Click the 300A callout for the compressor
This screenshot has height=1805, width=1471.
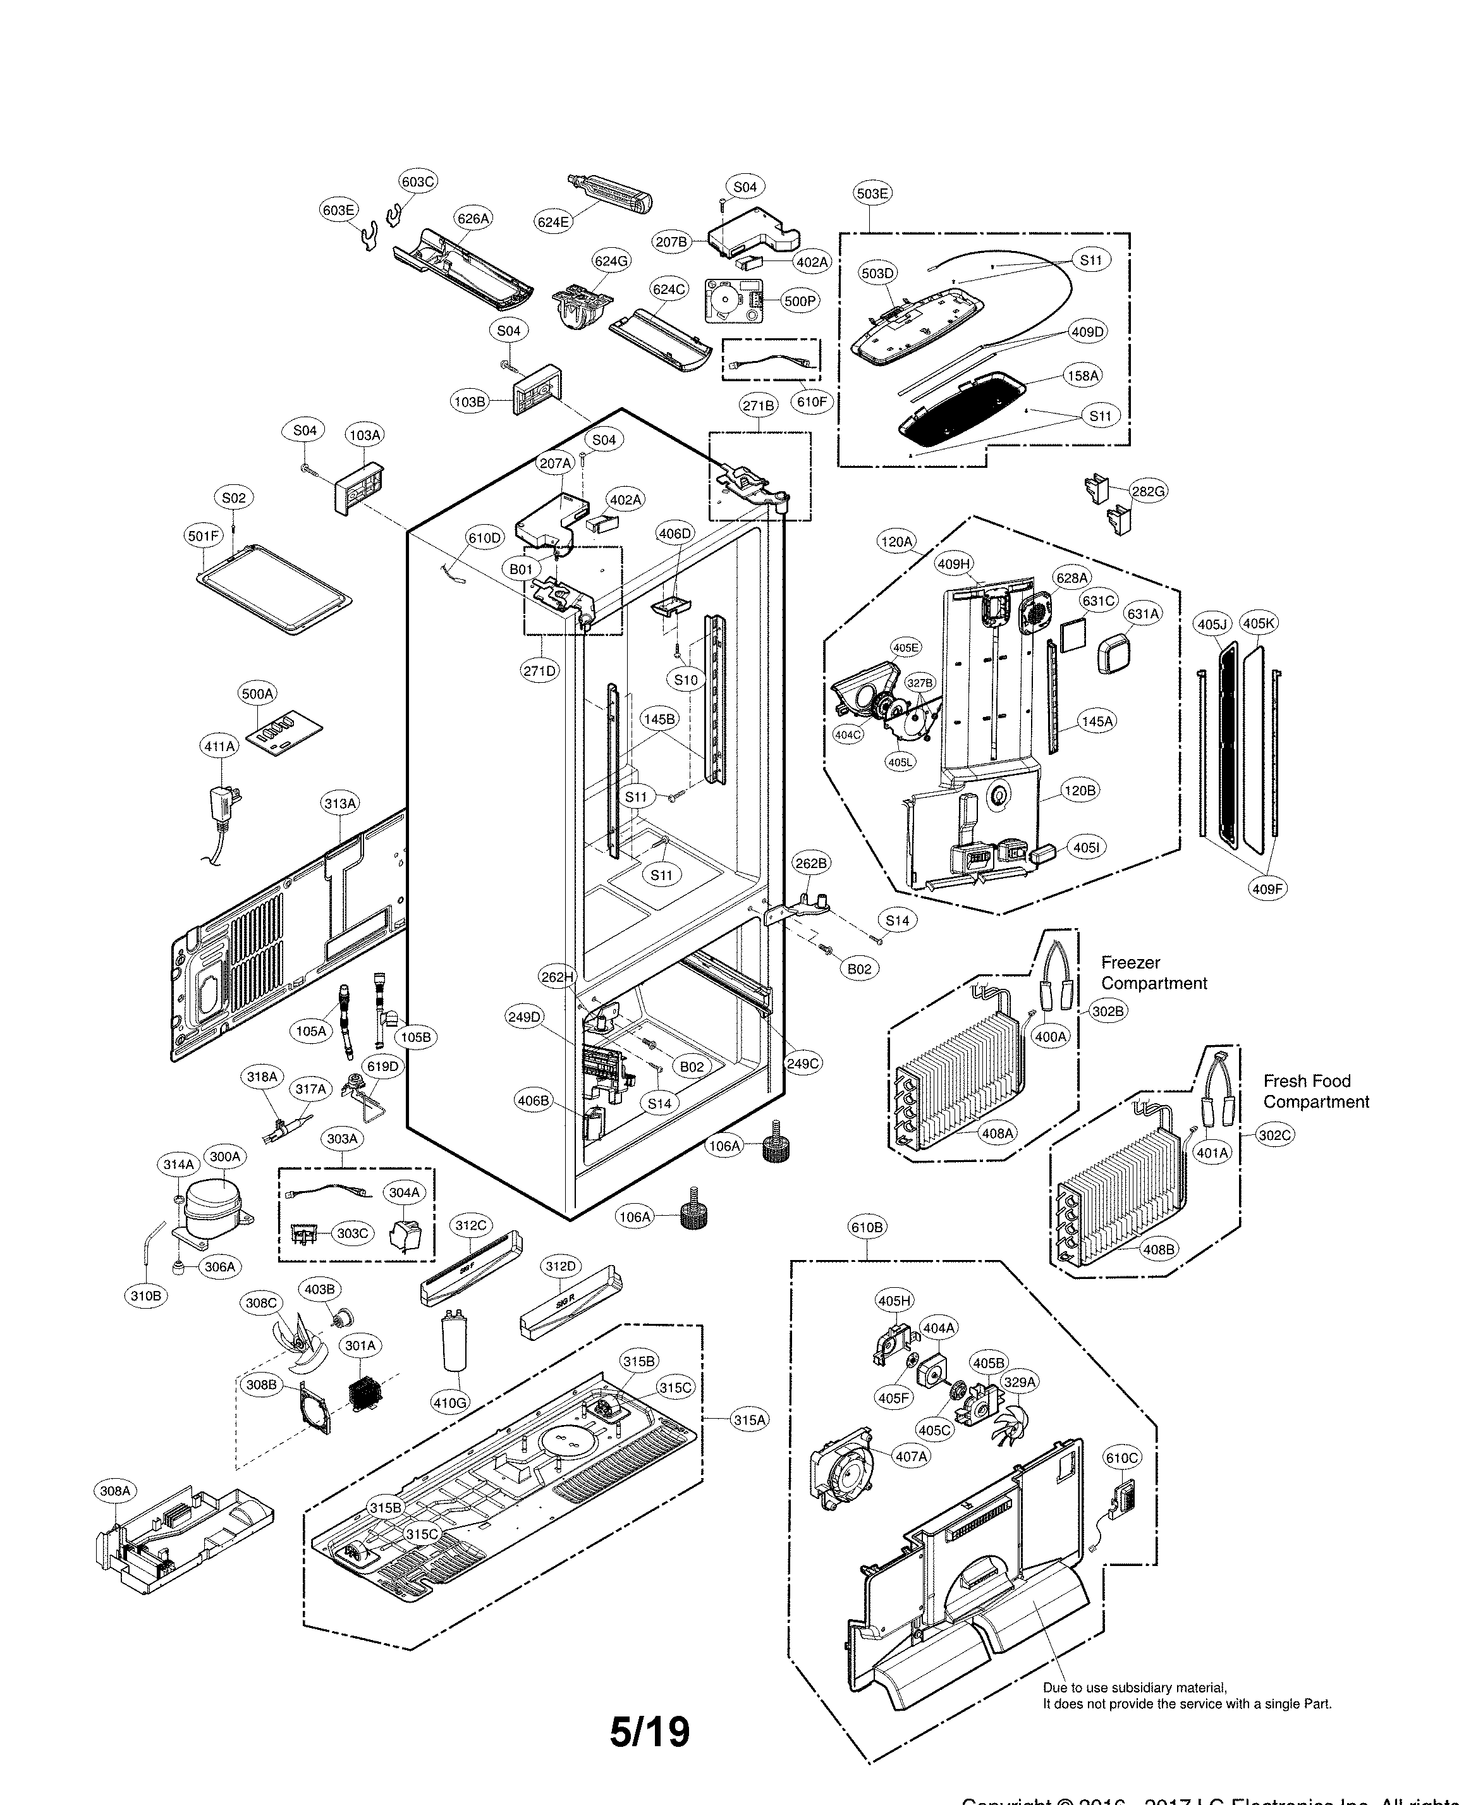[x=224, y=1156]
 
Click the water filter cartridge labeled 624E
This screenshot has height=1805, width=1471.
[x=608, y=200]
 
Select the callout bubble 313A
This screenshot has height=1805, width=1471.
[x=340, y=802]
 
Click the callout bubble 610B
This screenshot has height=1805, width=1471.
[x=867, y=1227]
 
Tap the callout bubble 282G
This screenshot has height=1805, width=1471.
[x=1148, y=491]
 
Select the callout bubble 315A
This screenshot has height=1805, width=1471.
[x=749, y=1419]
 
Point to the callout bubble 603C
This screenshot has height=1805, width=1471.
[x=418, y=181]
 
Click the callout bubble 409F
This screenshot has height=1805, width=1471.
[x=1267, y=889]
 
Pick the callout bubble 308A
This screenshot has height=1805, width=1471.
[x=115, y=1491]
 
